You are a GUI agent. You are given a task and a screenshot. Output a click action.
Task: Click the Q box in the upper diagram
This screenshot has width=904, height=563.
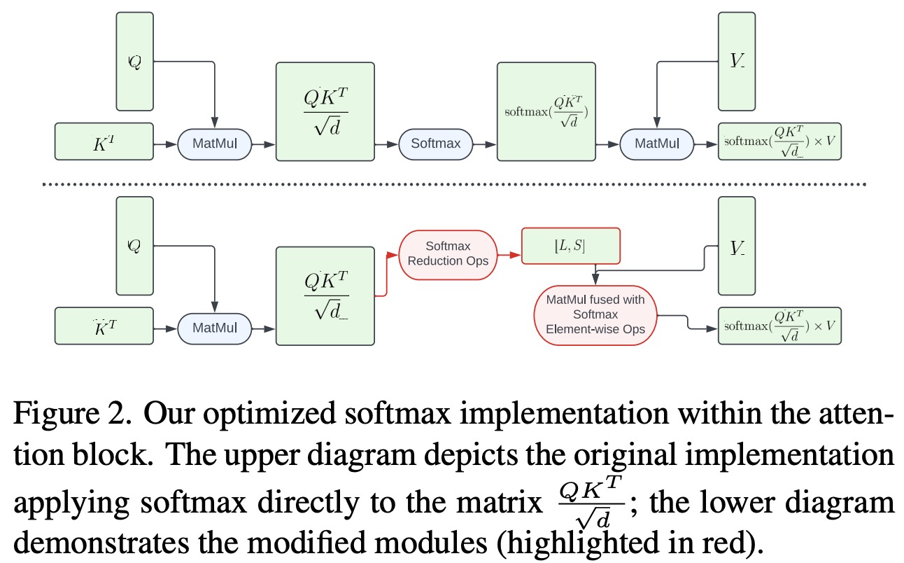[134, 62]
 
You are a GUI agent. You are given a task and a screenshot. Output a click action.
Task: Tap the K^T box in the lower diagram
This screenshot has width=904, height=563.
[104, 326]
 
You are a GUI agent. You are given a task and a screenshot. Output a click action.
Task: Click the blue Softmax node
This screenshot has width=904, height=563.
[435, 144]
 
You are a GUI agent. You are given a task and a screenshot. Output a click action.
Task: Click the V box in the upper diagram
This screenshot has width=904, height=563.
[737, 62]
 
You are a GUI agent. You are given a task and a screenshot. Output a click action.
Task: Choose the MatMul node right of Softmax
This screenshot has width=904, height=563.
[656, 144]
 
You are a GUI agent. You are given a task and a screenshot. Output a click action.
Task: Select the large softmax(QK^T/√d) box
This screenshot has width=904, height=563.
[546, 111]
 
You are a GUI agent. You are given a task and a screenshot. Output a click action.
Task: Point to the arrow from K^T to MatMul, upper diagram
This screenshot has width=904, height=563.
[164, 144]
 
